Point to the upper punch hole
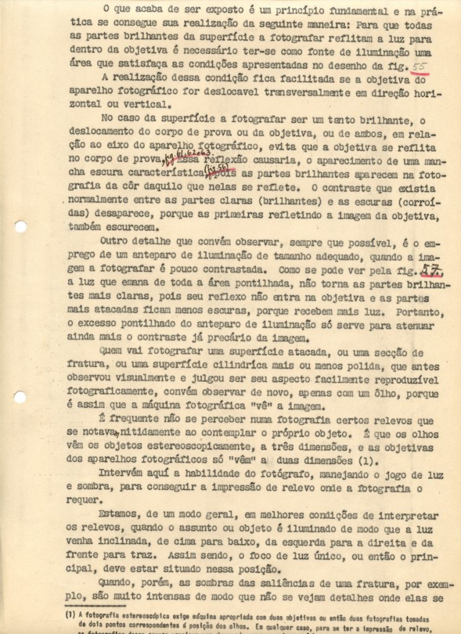20,227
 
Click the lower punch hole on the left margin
20,397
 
